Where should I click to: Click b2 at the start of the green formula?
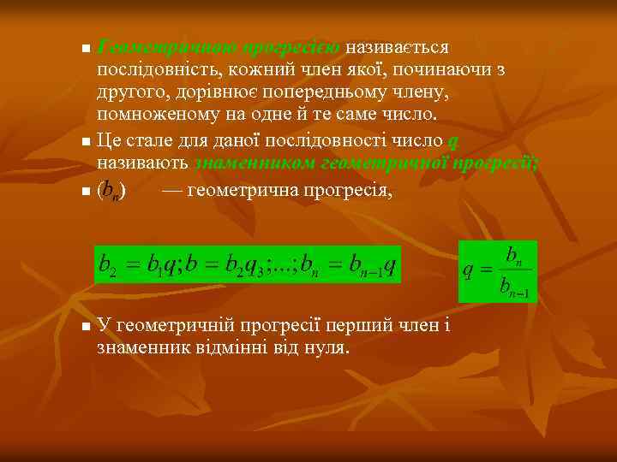pyautogui.click(x=108, y=266)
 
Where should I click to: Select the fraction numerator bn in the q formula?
pyautogui.click(x=515, y=255)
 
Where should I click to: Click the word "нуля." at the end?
pyautogui.click(x=326, y=349)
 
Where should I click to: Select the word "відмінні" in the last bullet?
pyautogui.click(x=226, y=349)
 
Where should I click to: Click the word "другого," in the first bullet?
pyautogui.click(x=131, y=92)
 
